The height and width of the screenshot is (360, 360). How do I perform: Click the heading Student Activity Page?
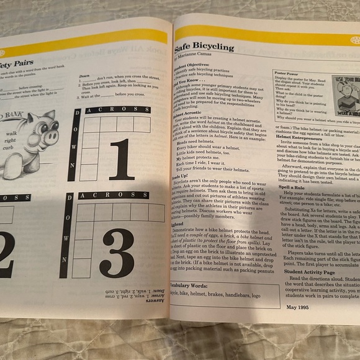point(309,271)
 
